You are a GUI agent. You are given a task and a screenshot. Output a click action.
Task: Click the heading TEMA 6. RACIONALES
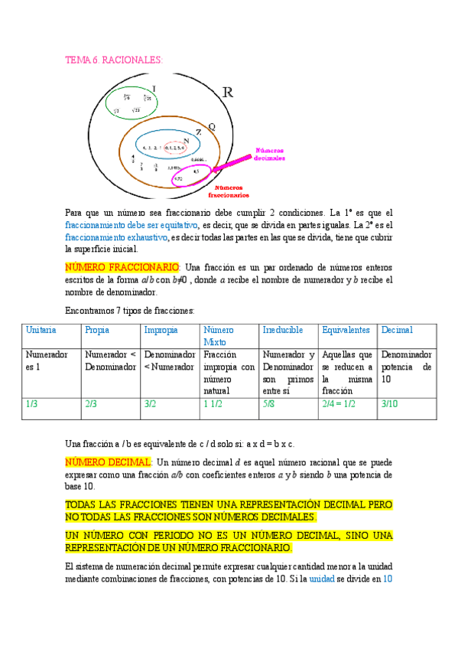point(114,60)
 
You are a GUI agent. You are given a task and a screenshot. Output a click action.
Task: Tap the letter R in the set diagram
point(227,93)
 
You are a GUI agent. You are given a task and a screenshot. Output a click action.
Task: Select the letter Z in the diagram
point(199,132)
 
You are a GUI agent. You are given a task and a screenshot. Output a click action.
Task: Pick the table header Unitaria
point(41,330)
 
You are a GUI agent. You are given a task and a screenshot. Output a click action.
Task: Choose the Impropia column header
point(161,330)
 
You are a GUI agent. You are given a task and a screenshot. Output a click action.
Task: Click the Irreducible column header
point(283,330)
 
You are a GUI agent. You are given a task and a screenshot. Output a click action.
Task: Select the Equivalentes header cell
point(346,330)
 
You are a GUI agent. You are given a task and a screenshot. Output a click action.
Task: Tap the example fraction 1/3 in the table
point(32,403)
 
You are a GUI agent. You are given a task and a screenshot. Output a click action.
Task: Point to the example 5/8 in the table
point(269,403)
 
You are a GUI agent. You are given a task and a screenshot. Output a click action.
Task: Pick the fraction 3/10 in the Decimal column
point(389,403)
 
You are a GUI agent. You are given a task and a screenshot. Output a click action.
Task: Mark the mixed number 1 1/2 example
point(212,403)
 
